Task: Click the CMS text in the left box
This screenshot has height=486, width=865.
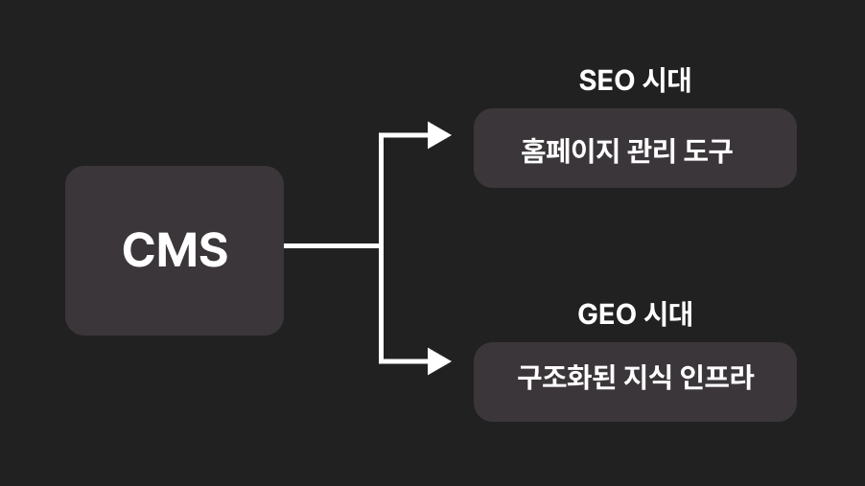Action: click(x=175, y=250)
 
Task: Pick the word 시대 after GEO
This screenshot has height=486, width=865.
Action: click(x=667, y=314)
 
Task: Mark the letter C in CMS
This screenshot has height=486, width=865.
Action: click(x=139, y=250)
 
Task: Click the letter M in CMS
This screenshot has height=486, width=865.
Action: click(x=175, y=250)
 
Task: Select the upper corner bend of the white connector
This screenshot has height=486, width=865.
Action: click(x=382, y=136)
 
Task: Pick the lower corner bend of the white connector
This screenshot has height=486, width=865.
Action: click(x=382, y=361)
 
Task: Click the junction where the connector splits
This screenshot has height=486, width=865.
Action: click(x=382, y=246)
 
